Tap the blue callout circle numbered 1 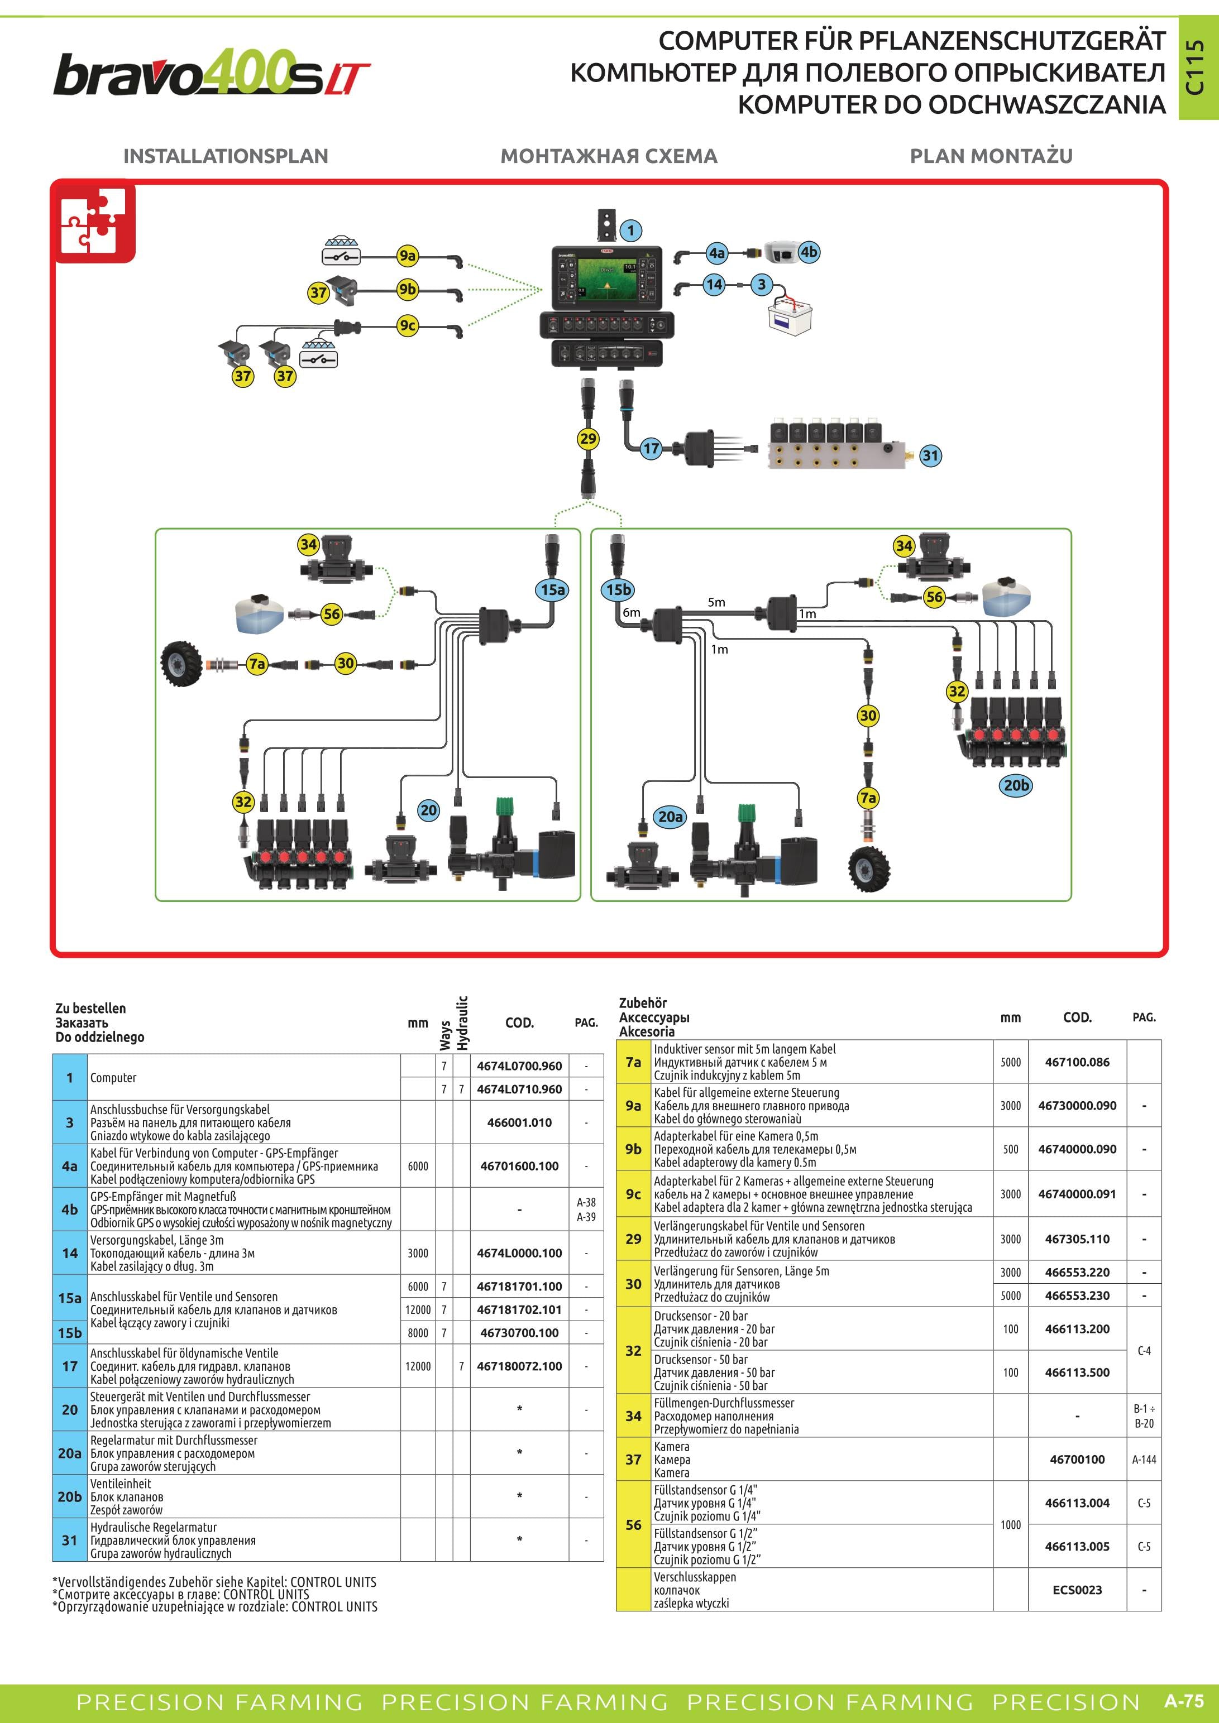tap(631, 231)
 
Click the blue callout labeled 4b tap(809, 252)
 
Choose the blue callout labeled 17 tap(651, 449)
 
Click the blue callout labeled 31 tap(930, 455)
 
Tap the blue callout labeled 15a tap(553, 590)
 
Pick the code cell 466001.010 tap(519, 1122)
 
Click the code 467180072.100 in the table tap(519, 1366)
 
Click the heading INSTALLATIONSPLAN tap(226, 156)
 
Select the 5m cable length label tap(716, 602)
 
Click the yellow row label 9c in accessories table tap(634, 1194)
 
